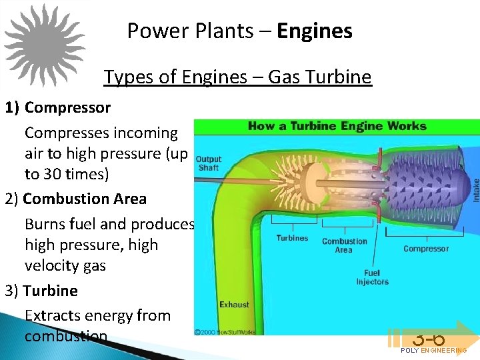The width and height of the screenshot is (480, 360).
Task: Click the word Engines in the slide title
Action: [315, 31]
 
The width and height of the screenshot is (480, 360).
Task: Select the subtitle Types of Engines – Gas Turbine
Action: [237, 77]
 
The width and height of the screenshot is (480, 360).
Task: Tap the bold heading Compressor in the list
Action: [68, 107]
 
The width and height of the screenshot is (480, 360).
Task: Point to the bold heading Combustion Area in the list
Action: [85, 199]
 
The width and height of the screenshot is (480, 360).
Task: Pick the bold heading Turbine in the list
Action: [51, 291]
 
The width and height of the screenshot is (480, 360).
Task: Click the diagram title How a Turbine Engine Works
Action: [337, 126]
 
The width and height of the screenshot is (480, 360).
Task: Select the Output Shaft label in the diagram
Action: [209, 163]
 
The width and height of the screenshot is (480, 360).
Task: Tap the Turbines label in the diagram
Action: [292, 238]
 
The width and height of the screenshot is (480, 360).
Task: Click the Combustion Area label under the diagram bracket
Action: [344, 245]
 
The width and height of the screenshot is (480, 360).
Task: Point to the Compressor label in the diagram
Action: [426, 249]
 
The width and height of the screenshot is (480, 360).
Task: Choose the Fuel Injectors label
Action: [372, 277]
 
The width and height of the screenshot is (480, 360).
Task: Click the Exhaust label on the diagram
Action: [234, 305]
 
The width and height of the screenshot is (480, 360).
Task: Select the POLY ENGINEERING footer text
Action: [433, 351]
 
